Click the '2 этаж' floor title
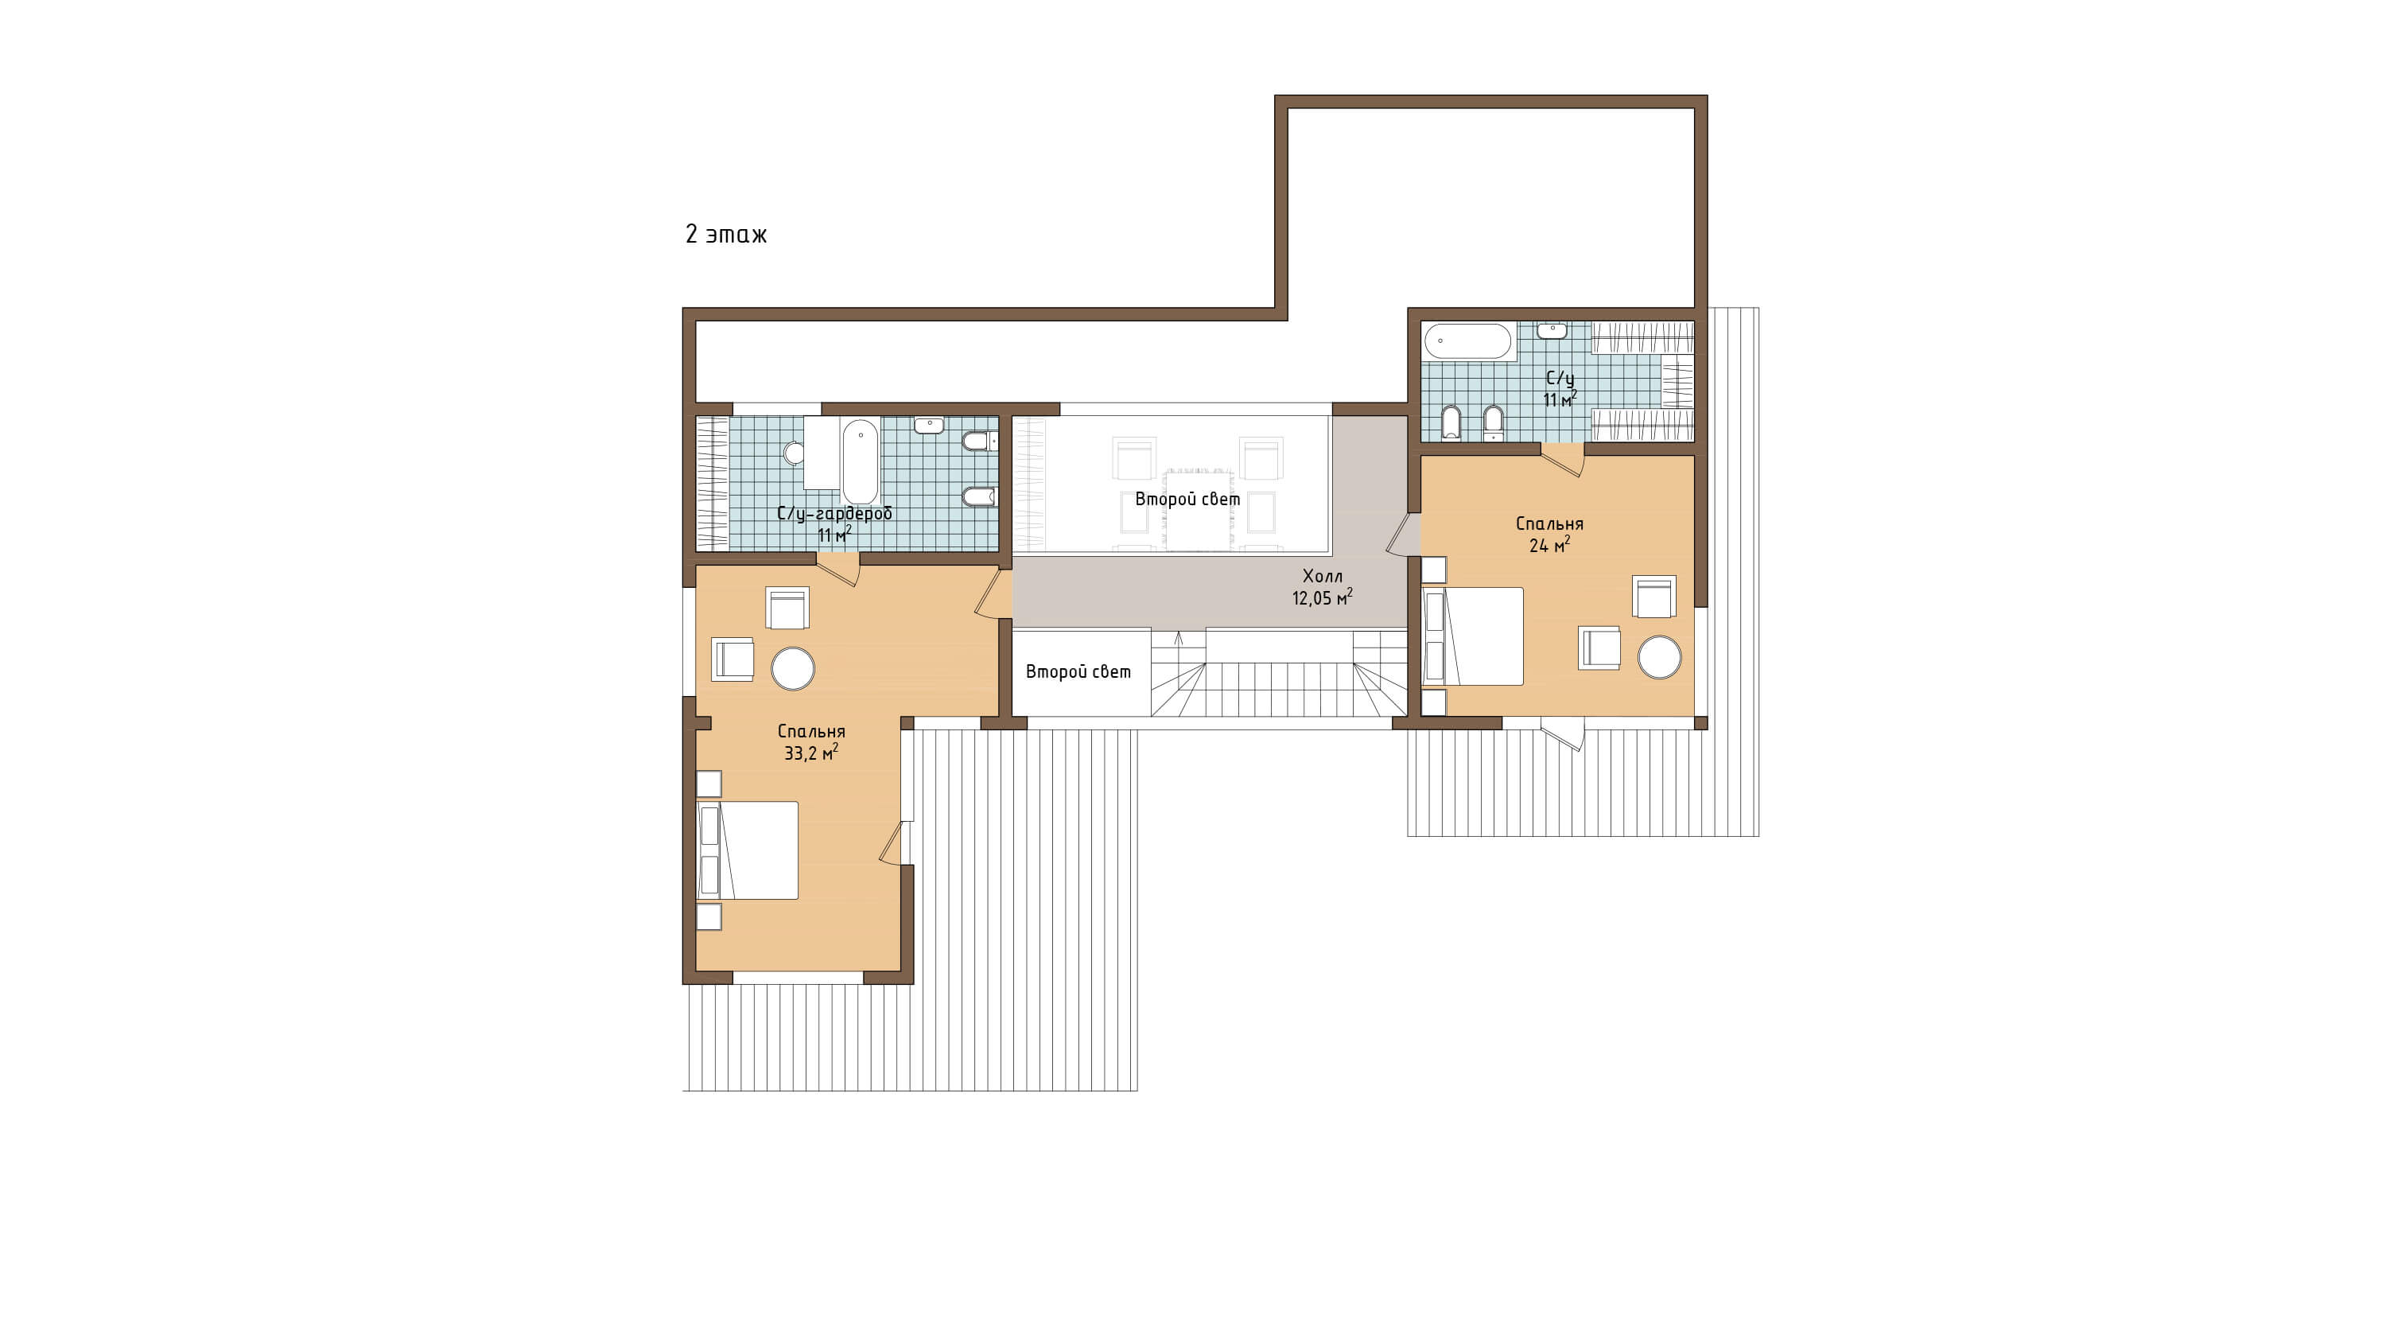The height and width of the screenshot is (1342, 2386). click(x=726, y=235)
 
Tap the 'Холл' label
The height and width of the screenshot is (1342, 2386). click(x=1322, y=576)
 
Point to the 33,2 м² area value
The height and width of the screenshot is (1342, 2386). click(x=811, y=753)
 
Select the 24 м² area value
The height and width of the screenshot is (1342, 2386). click(x=1549, y=546)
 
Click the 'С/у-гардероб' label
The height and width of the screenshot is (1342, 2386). click(x=834, y=514)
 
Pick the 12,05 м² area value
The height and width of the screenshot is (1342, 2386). click(x=1322, y=598)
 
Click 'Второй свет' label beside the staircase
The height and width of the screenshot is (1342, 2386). click(x=1078, y=672)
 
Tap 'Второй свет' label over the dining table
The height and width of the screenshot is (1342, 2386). click(x=1187, y=500)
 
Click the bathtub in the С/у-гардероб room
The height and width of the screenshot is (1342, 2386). click(x=860, y=461)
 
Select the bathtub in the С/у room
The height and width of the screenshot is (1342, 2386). click(x=1468, y=340)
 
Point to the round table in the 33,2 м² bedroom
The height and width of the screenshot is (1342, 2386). click(x=793, y=667)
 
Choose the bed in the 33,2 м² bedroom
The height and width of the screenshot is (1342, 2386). click(x=748, y=850)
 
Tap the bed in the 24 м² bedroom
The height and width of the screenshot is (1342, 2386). click(x=1473, y=636)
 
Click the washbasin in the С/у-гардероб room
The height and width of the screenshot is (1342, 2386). click(x=929, y=425)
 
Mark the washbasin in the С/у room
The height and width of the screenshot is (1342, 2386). click(x=1552, y=331)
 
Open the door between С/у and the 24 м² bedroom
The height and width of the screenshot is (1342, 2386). click(x=1563, y=459)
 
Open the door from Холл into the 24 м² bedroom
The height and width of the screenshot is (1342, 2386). click(x=1403, y=535)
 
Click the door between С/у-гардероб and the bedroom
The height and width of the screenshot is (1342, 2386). click(x=838, y=570)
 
